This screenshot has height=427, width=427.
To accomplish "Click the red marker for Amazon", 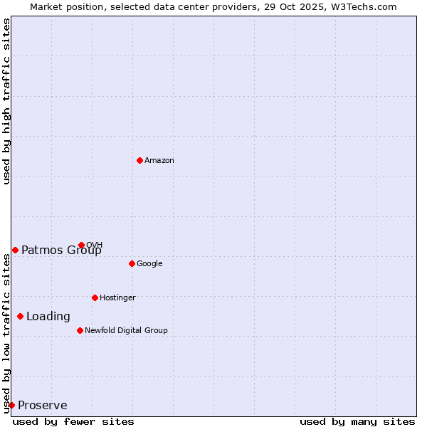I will [x=139, y=160].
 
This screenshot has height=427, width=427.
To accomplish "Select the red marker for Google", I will [x=132, y=263].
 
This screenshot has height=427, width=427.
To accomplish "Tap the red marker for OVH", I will [x=81, y=245].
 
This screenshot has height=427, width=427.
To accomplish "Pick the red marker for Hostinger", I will [x=95, y=297].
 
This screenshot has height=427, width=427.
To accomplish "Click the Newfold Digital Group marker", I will [x=80, y=330].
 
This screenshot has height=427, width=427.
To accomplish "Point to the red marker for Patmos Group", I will [x=15, y=250].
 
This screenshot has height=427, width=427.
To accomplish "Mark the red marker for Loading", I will [x=20, y=316].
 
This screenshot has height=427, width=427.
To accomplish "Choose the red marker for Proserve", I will [x=11, y=405].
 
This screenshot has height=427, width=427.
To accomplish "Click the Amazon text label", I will [x=159, y=161].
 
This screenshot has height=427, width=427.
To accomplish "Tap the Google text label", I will [x=149, y=264].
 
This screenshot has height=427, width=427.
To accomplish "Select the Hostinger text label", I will [x=117, y=298].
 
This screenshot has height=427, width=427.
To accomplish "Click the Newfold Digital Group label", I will [x=126, y=331].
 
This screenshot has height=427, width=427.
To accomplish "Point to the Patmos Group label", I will [x=61, y=250].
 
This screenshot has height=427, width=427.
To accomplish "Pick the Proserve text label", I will [x=43, y=406].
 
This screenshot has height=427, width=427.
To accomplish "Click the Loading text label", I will [x=48, y=317].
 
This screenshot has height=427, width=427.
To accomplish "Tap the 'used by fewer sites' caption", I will [x=73, y=421].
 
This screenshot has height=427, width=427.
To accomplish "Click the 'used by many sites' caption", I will [x=357, y=421].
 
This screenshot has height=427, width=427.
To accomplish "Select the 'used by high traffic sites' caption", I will [x=7, y=101].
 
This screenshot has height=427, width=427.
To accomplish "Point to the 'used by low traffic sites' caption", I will [x=7, y=332].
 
